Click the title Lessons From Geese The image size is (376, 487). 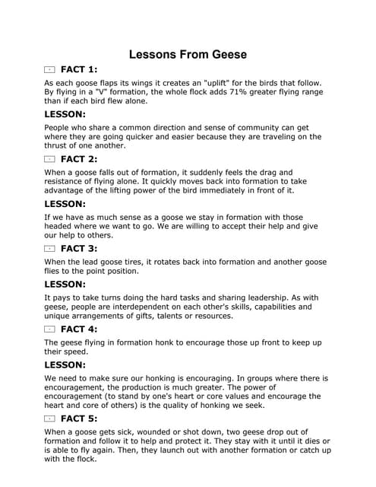[188, 55]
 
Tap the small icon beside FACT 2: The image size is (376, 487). [50, 159]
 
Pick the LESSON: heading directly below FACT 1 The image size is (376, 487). [65, 114]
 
